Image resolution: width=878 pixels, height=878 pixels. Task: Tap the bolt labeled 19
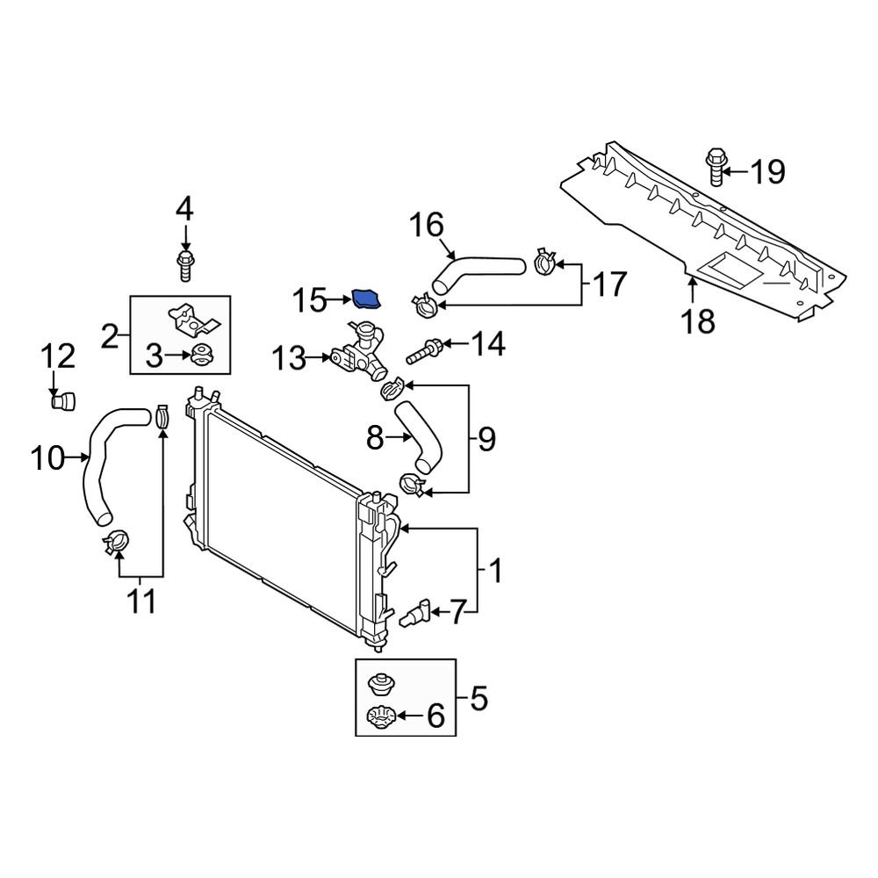pyautogui.click(x=715, y=169)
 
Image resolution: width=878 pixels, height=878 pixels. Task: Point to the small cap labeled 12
pyautogui.click(x=62, y=402)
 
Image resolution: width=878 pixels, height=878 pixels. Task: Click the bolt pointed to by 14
pyautogui.click(x=424, y=354)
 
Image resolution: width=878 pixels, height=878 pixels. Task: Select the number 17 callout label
pyautogui.click(x=609, y=284)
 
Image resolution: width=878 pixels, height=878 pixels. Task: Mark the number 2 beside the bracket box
pyautogui.click(x=110, y=335)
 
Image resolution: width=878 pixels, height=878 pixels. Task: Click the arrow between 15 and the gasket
pyautogui.click(x=339, y=300)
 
